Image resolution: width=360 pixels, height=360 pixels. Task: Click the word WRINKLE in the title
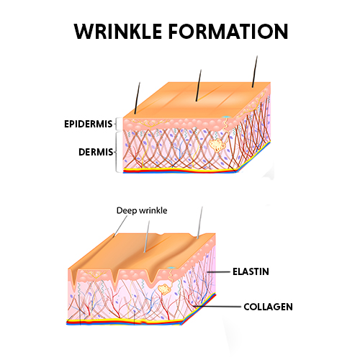pos(118,32)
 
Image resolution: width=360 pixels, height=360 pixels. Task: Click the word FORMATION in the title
pos(228,32)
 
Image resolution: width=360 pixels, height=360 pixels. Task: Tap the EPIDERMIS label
pos(89,124)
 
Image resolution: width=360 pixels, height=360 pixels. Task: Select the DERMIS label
pos(96,152)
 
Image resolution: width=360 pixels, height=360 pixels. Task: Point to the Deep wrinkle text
pos(142,210)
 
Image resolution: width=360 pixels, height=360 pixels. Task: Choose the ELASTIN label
pos(251,271)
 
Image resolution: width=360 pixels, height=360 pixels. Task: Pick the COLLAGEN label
pos(268,307)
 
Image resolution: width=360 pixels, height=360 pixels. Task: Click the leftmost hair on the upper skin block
pos(138,98)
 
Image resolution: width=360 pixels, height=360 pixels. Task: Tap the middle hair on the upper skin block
pos(199,85)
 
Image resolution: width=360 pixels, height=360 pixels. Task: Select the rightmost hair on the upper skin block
pos(255,71)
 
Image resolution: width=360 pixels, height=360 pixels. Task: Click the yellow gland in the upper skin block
pos(217,145)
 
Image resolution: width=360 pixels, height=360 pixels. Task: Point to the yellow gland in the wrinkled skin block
pos(164,289)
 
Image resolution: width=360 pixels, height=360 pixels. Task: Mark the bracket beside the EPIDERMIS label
pos(115,124)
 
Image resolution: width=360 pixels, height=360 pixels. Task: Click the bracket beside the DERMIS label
pos(116,152)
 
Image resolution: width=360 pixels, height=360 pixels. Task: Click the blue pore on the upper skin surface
pos(225,117)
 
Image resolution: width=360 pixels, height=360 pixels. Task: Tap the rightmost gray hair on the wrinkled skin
pos(199,222)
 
